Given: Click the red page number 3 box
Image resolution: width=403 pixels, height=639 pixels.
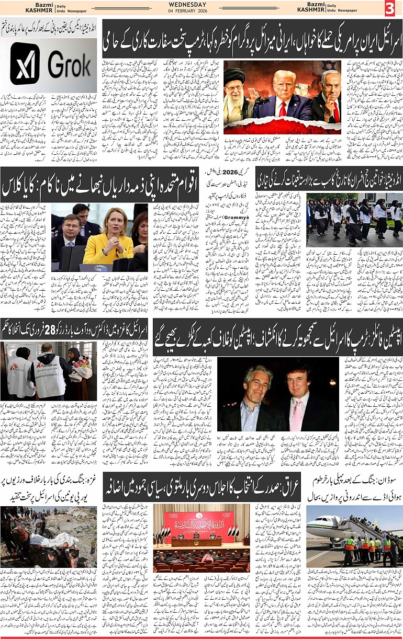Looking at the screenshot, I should click(390, 8).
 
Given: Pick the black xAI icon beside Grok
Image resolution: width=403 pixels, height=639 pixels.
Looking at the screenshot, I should click(25, 64).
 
